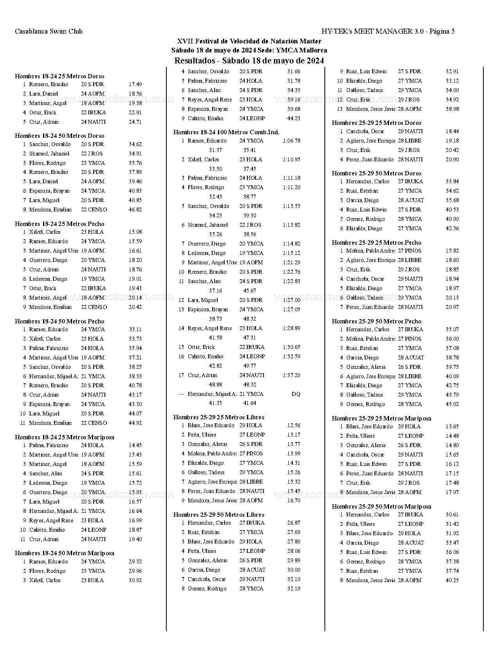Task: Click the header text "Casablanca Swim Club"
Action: pos(49,31)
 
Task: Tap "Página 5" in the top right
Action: pos(442,31)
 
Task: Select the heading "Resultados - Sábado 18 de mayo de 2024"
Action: pos(249,61)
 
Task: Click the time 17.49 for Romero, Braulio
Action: pos(135,84)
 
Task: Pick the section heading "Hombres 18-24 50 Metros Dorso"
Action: pos(59,136)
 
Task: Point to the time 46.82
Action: pos(135,209)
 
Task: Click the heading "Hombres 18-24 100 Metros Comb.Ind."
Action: pos(226,132)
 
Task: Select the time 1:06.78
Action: pos(291,141)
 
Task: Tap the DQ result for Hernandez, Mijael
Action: pos(296,394)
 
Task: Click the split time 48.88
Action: pos(215,384)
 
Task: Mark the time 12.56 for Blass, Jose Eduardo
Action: pos(294,425)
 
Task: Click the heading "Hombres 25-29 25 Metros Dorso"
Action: pos(377,123)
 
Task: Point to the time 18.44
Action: pos(452,131)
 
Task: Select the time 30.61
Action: pos(452,514)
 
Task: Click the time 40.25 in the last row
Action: pos(452,580)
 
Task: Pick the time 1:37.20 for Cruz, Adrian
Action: pos(291,375)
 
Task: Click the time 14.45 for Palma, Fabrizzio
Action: pos(135,445)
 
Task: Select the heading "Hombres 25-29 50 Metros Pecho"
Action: pos(377,321)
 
